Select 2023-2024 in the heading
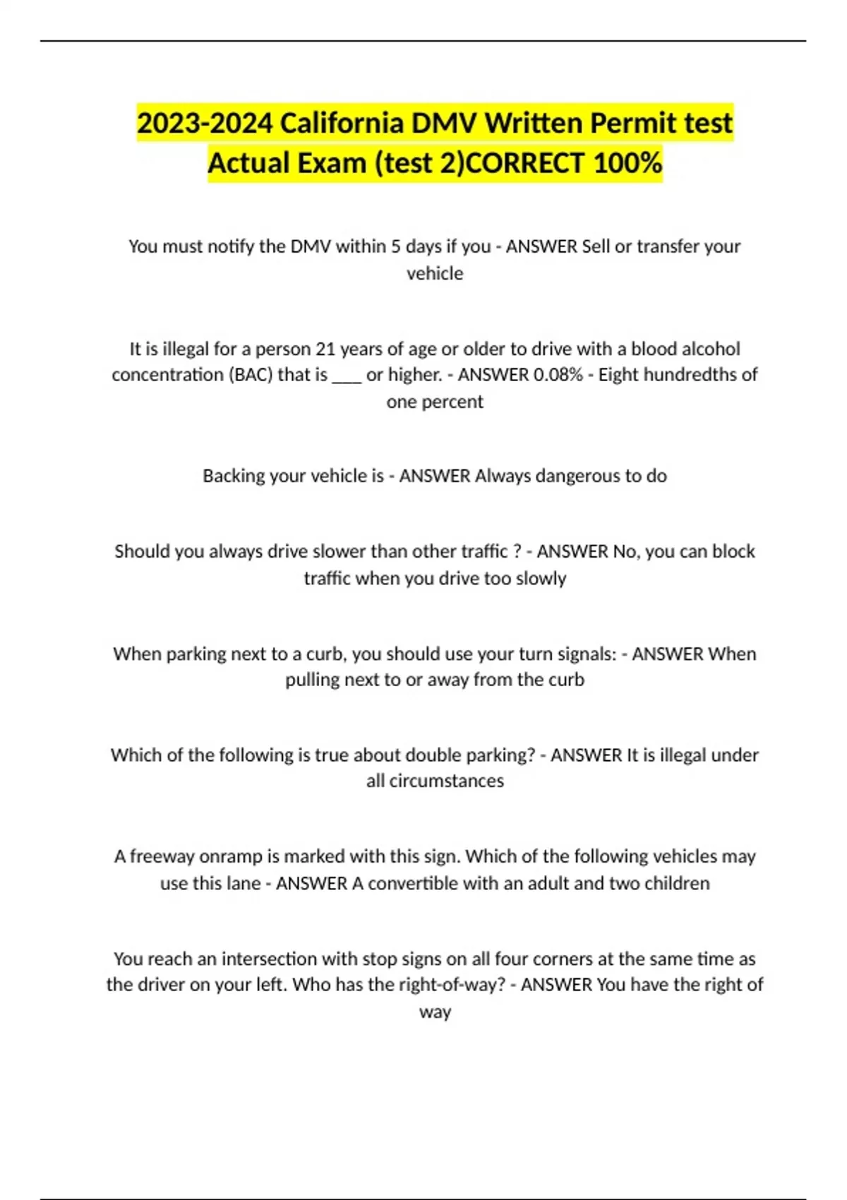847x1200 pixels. [x=205, y=124]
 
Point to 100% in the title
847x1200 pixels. [x=627, y=163]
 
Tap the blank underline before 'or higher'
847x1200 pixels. [x=347, y=376]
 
